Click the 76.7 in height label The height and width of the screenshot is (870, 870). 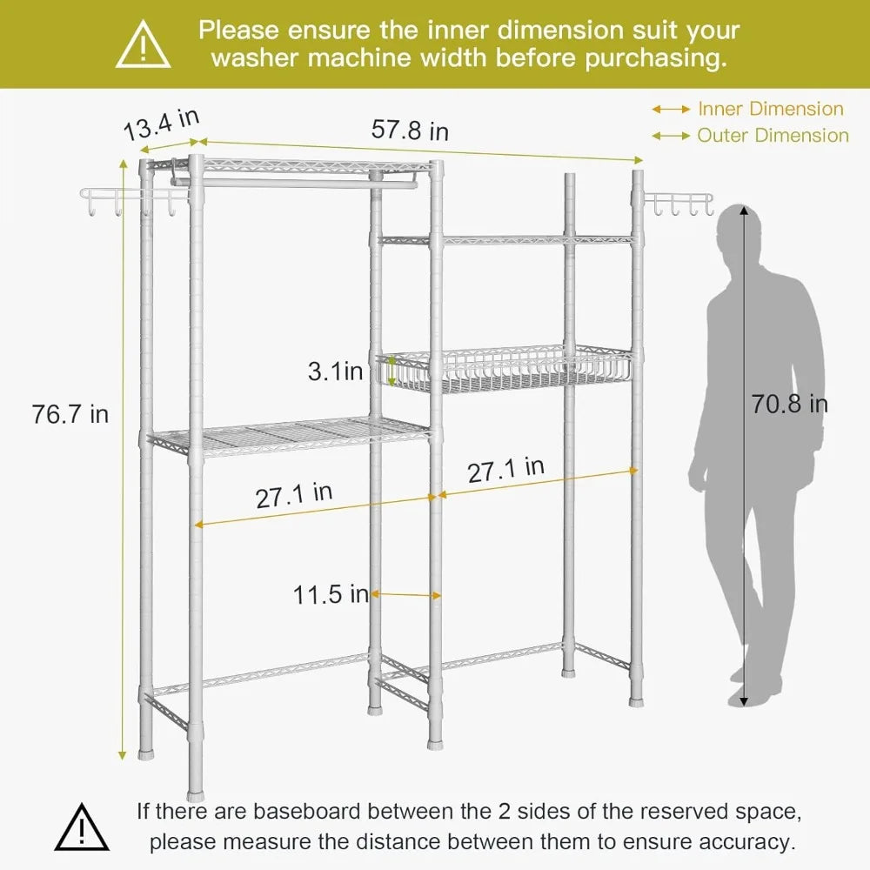(x=70, y=414)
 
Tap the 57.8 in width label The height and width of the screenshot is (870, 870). (x=410, y=130)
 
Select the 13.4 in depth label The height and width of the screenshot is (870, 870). (x=161, y=124)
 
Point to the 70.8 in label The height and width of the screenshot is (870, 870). (x=790, y=404)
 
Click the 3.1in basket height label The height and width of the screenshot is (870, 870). (x=335, y=371)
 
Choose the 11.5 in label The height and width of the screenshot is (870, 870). (x=331, y=595)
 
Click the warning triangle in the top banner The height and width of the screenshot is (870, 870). (x=144, y=44)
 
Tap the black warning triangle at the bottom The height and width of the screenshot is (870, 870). (x=82, y=826)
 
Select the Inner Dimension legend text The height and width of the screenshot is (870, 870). (x=771, y=109)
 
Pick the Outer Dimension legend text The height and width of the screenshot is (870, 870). (x=773, y=136)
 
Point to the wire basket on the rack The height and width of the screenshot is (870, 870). (x=504, y=366)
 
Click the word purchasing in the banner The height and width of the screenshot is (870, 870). (x=656, y=58)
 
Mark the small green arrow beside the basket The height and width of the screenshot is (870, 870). (x=391, y=371)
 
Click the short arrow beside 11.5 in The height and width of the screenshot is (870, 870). (x=406, y=595)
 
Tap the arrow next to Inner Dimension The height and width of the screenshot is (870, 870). (x=671, y=110)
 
